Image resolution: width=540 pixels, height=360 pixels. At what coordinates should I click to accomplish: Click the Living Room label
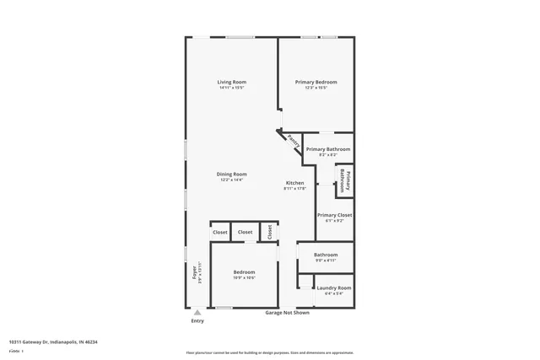pyautogui.click(x=231, y=82)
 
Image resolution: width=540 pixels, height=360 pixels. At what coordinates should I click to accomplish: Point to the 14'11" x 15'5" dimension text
pyautogui.click(x=231, y=88)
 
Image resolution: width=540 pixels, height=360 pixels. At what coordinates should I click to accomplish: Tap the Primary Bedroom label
pyautogui.click(x=316, y=82)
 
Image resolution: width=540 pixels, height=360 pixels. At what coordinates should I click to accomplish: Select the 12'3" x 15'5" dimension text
pyautogui.click(x=316, y=88)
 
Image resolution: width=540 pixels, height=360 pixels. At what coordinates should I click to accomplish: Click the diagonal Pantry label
pyautogui.click(x=292, y=141)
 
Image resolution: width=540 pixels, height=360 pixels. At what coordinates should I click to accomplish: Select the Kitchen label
pyautogui.click(x=294, y=183)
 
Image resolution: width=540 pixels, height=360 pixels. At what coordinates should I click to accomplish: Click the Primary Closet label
pyautogui.click(x=334, y=215)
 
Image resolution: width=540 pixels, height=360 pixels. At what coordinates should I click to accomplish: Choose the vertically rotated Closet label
pyautogui.click(x=270, y=232)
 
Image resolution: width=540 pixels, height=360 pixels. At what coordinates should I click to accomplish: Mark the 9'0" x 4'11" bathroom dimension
pyautogui.click(x=326, y=261)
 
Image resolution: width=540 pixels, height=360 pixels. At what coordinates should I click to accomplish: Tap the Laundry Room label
pyautogui.click(x=334, y=287)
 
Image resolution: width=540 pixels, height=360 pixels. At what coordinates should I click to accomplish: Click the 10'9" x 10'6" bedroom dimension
pyautogui.click(x=244, y=277)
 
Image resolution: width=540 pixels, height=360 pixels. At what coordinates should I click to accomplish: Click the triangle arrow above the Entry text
pyautogui.click(x=197, y=311)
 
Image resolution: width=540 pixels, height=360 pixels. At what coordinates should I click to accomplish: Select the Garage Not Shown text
pyautogui.click(x=288, y=313)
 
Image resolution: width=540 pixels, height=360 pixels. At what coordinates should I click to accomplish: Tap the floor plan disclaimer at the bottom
pyautogui.click(x=269, y=352)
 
